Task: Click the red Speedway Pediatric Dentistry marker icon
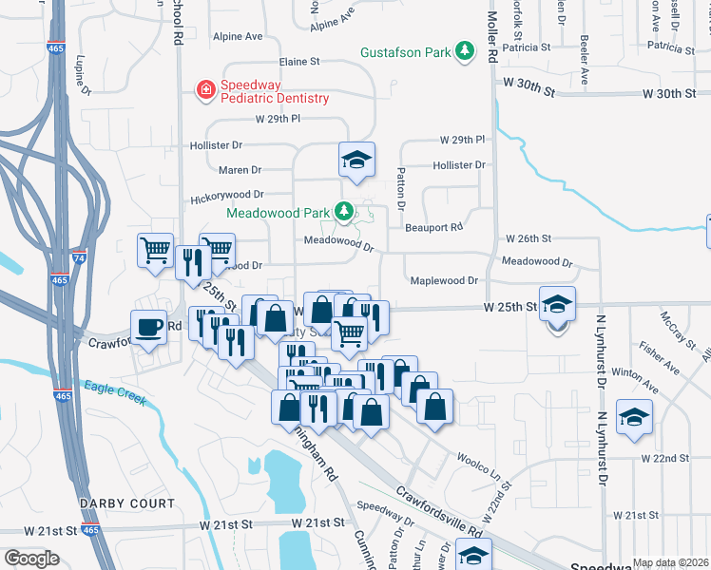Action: click(x=204, y=90)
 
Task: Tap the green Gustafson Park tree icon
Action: click(x=465, y=50)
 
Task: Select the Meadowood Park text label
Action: click(x=277, y=212)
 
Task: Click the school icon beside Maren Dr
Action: click(x=356, y=160)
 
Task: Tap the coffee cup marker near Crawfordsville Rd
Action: click(x=148, y=326)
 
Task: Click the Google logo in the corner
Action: click(x=31, y=559)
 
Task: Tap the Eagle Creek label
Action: click(x=113, y=391)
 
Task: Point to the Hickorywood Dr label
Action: click(x=225, y=195)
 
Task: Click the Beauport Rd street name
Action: click(x=433, y=228)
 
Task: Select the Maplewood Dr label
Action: click(x=444, y=281)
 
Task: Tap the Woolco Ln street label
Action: click(x=481, y=459)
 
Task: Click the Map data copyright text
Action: click(x=670, y=562)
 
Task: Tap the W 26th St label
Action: click(x=528, y=238)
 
